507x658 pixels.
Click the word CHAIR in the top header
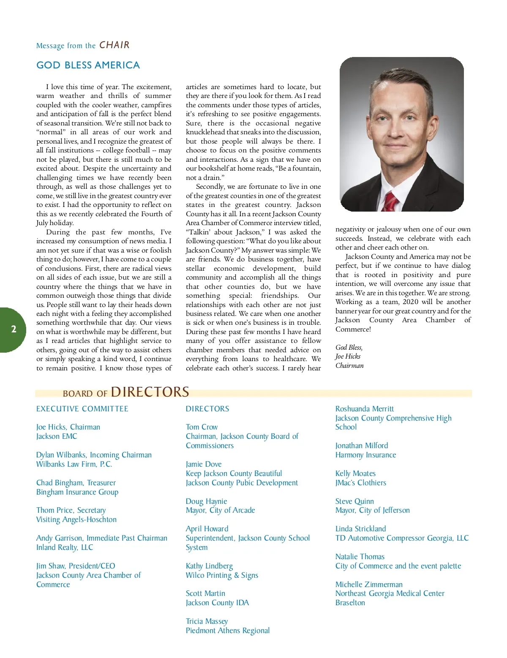(114, 45)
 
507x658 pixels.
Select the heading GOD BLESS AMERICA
(88, 65)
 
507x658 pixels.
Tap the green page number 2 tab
(14, 329)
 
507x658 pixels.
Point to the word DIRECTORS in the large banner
(150, 392)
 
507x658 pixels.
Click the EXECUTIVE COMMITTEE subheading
(82, 409)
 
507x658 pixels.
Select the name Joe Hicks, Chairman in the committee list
(68, 427)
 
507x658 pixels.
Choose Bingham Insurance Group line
(77, 492)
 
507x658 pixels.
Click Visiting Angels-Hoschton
(76, 519)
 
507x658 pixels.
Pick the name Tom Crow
(202, 427)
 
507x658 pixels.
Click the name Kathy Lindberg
(209, 566)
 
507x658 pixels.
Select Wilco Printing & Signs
(222, 575)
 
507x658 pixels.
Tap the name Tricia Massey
(207, 621)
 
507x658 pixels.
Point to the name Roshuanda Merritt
(364, 409)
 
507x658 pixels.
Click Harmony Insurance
(365, 455)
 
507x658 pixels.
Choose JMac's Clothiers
(360, 483)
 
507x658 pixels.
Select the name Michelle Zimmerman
(369, 585)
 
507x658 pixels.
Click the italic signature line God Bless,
(349, 347)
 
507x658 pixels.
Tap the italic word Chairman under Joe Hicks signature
(349, 366)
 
